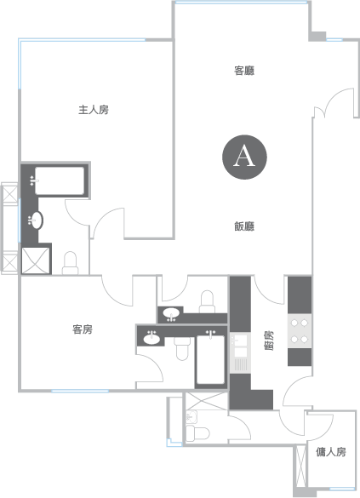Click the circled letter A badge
(244, 157)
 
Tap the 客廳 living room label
(244, 71)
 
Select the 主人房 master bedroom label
(94, 110)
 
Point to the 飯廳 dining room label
(244, 226)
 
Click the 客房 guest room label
(83, 329)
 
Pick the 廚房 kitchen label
(269, 341)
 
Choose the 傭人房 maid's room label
(331, 452)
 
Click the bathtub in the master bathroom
(60, 180)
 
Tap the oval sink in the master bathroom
(37, 220)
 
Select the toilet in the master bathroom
(70, 263)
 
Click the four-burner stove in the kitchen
(300, 331)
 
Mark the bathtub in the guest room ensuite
(210, 360)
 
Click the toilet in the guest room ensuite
(182, 348)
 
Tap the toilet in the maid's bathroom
(197, 433)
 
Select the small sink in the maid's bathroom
(191, 416)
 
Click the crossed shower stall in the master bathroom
(36, 260)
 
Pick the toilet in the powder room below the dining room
(207, 301)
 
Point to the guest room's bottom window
(80, 391)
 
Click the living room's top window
(241, 3)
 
